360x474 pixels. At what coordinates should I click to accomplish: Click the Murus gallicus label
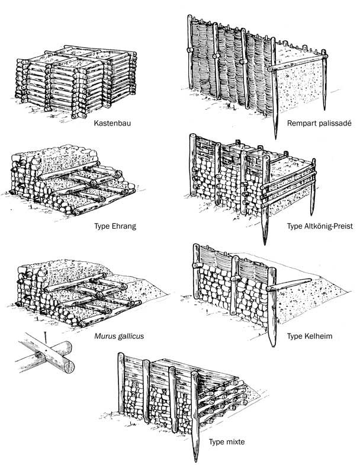123,336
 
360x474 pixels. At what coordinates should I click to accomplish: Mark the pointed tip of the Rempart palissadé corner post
276,135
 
